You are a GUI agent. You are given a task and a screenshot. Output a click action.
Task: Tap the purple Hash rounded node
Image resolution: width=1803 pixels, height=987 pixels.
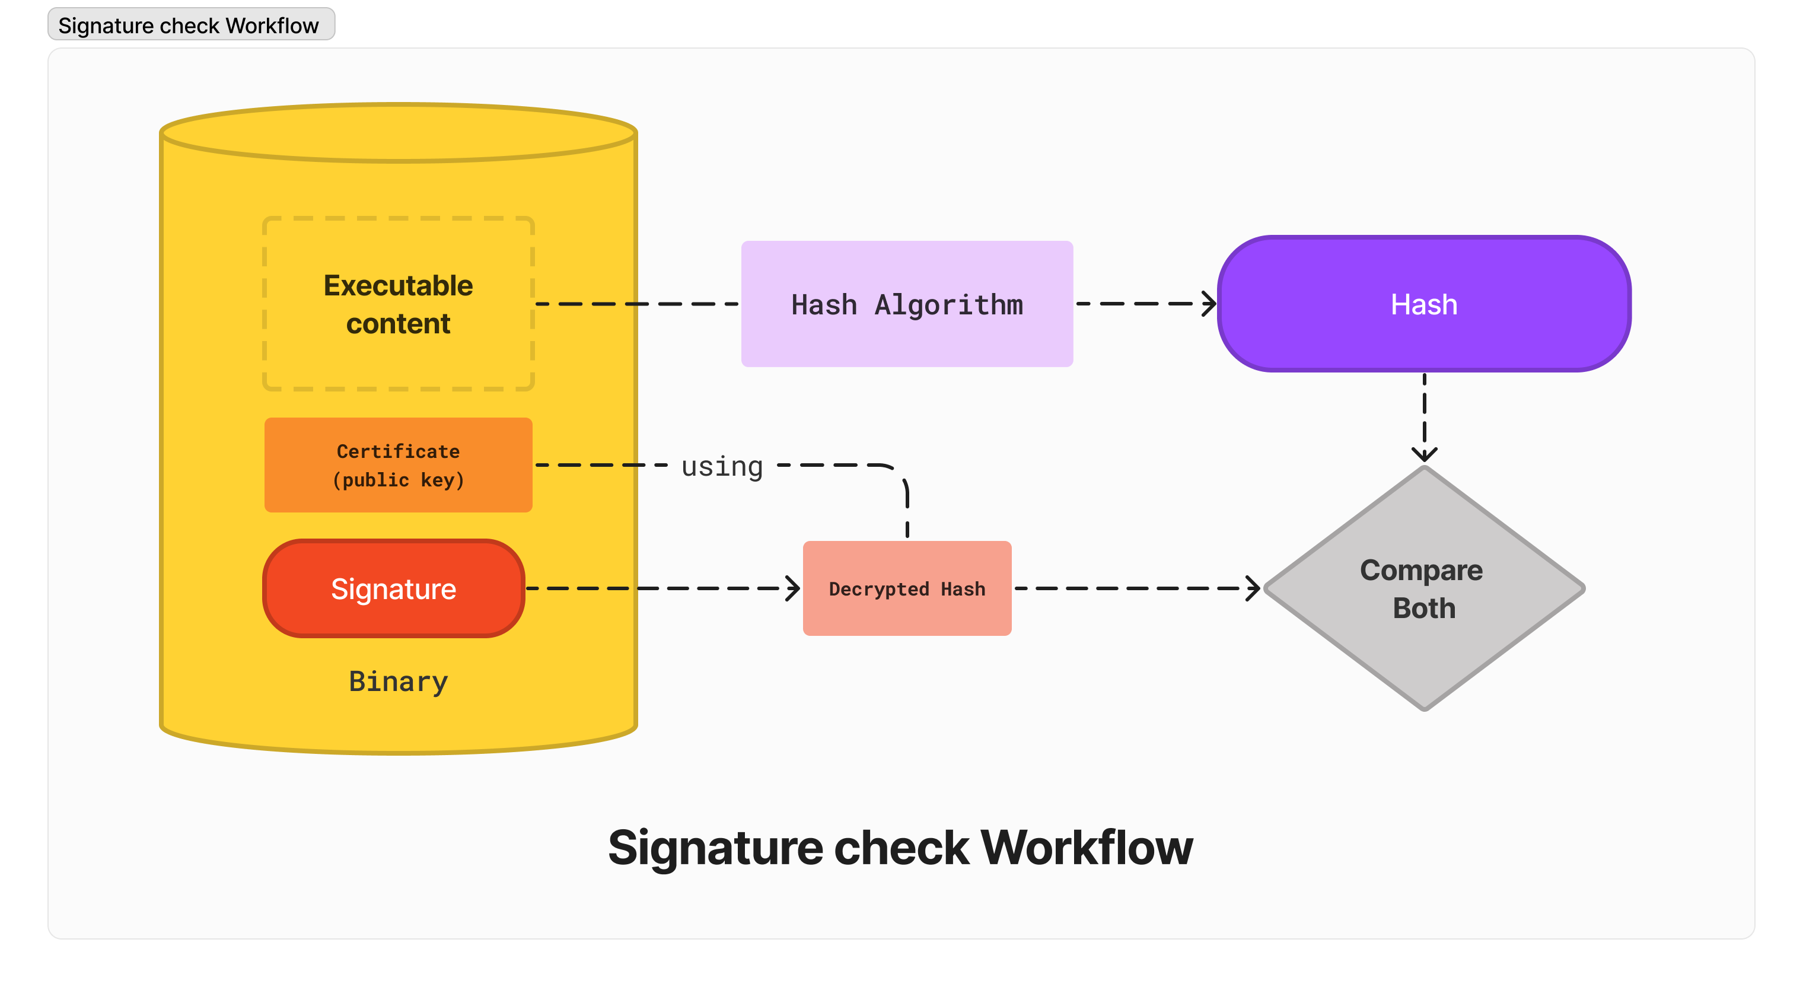click(1425, 304)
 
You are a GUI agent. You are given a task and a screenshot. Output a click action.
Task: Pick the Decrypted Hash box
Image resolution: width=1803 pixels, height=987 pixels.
click(906, 588)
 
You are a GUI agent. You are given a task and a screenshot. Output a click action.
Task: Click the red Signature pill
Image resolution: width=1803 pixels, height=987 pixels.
click(393, 588)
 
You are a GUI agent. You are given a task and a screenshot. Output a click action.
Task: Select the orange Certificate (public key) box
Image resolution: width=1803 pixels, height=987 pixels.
click(397, 465)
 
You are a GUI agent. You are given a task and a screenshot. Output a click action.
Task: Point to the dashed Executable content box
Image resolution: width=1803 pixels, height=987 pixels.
click(397, 304)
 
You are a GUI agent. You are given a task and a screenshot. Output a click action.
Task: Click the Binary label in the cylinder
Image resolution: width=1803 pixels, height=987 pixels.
click(397, 681)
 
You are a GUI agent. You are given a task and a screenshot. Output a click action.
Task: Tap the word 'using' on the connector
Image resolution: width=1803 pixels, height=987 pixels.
click(722, 466)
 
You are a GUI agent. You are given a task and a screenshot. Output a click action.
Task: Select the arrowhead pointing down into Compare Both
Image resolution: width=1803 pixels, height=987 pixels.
click(1425, 454)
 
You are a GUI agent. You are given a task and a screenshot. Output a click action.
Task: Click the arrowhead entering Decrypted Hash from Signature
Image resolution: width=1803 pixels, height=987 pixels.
click(793, 588)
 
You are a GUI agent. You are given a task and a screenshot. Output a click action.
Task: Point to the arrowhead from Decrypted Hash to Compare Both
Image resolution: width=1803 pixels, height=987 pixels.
click(1254, 588)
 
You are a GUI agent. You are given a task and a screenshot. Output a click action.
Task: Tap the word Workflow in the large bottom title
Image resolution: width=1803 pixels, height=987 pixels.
click(1087, 848)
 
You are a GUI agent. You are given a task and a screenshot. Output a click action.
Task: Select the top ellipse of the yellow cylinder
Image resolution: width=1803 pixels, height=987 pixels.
click(397, 133)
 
